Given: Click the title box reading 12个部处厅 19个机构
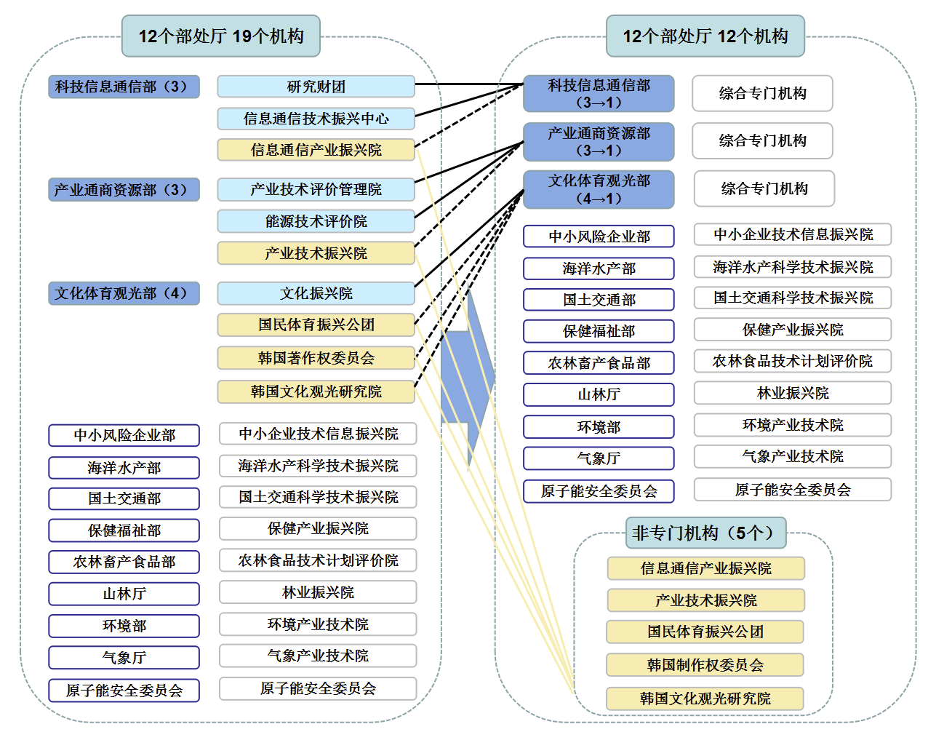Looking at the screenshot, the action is (221, 36).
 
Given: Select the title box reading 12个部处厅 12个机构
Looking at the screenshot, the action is (705, 36).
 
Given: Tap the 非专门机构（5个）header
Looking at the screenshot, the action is (705, 533).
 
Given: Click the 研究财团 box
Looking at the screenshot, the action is (316, 87).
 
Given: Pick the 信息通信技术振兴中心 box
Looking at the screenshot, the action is (316, 119).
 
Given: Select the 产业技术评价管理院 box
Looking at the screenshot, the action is (316, 189).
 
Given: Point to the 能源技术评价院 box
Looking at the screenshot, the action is (316, 221).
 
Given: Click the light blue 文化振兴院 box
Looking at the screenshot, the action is (316, 293).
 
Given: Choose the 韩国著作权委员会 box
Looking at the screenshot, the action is (316, 358).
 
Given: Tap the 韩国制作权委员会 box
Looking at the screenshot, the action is (705, 665).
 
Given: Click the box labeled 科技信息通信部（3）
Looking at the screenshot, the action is (124, 87).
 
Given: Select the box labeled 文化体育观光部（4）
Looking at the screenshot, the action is (124, 293).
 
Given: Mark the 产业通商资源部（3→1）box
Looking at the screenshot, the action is (599, 142).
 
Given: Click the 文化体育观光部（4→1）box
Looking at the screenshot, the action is (599, 189).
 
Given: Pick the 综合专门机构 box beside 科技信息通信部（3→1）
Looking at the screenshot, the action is (762, 93).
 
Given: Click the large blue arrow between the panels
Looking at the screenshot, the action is (468, 378).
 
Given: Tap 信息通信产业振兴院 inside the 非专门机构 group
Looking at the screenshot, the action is (705, 568).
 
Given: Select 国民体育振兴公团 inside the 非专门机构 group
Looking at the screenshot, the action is (705, 632).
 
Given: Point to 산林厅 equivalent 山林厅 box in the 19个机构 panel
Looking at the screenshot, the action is (124, 594).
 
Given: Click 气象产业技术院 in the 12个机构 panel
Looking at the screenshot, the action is (793, 456).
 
